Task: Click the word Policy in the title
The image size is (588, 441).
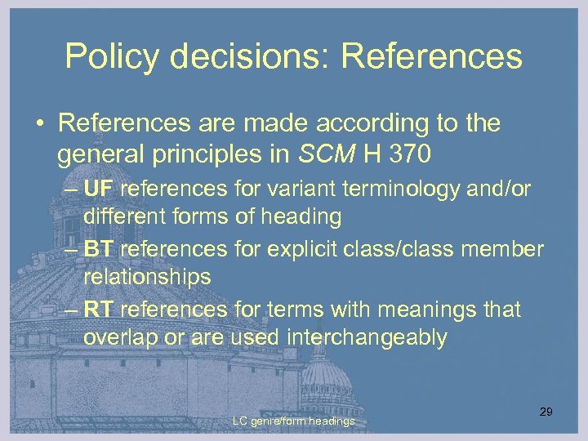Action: [107, 56]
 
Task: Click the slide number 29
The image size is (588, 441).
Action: [546, 412]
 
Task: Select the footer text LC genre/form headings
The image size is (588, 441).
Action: [293, 421]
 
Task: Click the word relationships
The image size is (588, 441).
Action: [147, 277]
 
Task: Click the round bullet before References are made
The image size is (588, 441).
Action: [40, 125]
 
